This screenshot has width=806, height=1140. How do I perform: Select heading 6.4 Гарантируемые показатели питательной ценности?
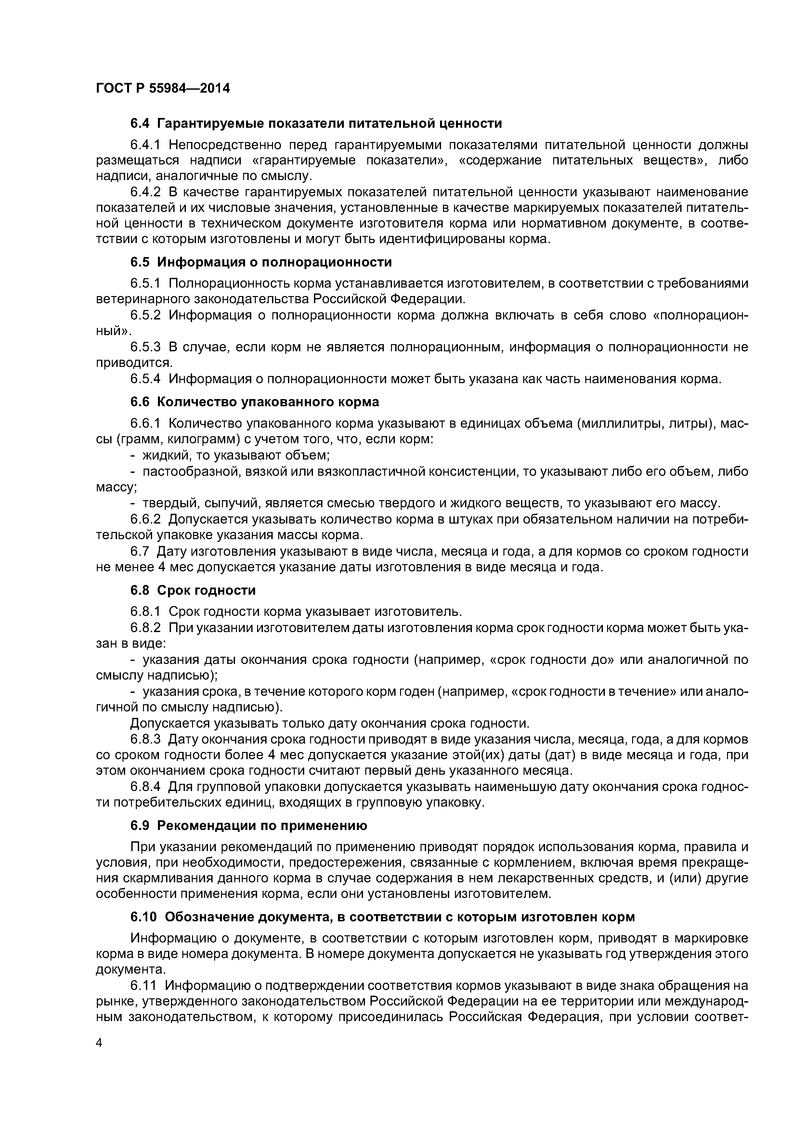point(316,123)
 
